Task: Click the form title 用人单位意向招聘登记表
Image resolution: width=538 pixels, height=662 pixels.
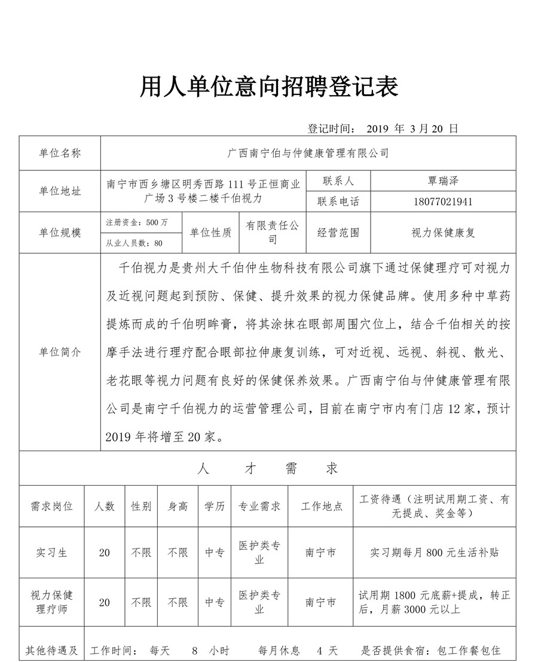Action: (x=269, y=88)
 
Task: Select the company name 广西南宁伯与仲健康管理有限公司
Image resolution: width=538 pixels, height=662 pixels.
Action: (x=308, y=154)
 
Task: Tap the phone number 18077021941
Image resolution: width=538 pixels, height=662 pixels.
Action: (x=442, y=201)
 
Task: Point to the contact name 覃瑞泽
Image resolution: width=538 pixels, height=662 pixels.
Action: (x=443, y=180)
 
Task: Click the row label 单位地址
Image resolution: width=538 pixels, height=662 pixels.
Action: (x=60, y=191)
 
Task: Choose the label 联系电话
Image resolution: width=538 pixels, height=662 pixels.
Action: (x=338, y=201)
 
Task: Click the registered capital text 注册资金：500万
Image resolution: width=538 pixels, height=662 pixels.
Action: (x=137, y=222)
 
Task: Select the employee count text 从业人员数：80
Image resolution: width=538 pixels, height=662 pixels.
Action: (x=134, y=243)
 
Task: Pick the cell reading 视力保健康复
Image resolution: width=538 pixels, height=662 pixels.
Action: (x=443, y=233)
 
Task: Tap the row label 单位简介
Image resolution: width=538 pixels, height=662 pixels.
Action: (x=60, y=352)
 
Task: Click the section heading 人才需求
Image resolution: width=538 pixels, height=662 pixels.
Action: (x=267, y=469)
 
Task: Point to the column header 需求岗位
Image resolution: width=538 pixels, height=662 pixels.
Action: (x=51, y=506)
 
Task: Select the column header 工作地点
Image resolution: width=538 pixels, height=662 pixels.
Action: (x=322, y=506)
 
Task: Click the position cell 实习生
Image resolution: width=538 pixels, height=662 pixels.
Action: (x=51, y=553)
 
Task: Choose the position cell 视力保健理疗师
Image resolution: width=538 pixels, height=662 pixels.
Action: (x=51, y=602)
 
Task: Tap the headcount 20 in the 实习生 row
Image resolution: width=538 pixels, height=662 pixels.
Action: (x=105, y=553)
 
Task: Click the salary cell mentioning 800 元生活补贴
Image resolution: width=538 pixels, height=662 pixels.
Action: (x=435, y=553)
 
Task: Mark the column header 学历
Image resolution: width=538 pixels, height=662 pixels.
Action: (x=215, y=506)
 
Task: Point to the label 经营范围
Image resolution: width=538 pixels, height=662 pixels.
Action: (x=338, y=233)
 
